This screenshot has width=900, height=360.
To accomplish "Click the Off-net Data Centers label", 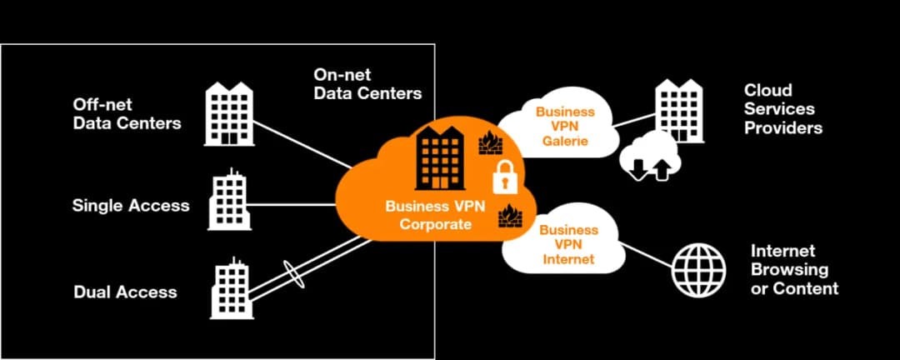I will pyautogui.click(x=127, y=114).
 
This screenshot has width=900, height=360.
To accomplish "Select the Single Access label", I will pyautogui.click(x=131, y=205).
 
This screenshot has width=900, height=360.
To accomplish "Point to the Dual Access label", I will pyautogui.click(x=125, y=292).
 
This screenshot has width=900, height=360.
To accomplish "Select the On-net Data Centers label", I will pyautogui.click(x=367, y=84).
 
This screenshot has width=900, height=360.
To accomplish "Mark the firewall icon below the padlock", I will pyautogui.click(x=510, y=217).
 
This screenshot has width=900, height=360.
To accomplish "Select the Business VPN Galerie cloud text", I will pyautogui.click(x=565, y=126).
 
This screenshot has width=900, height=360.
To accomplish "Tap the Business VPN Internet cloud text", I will pyautogui.click(x=567, y=244).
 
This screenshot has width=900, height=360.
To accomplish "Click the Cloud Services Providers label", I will pyautogui.click(x=782, y=108).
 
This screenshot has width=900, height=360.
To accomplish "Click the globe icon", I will pyautogui.click(x=699, y=268).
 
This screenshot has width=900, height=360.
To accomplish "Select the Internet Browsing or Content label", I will pyautogui.click(x=794, y=269).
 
